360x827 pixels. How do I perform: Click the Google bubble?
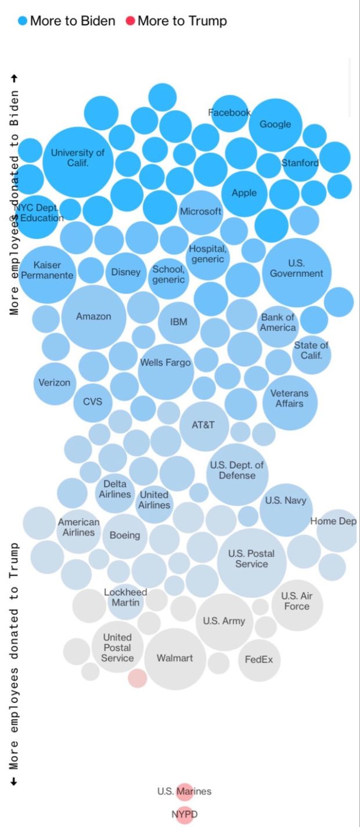pyautogui.click(x=275, y=125)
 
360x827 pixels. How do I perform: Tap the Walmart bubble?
pyautogui.click(x=175, y=659)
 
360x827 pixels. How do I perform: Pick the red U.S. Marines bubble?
pyautogui.click(x=185, y=791)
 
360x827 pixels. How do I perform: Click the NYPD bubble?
pyautogui.click(x=185, y=815)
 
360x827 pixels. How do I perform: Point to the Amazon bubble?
pyautogui.click(x=93, y=317)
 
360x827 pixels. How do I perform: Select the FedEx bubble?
pyautogui.click(x=259, y=660)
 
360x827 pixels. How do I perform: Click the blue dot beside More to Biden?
pyautogui.click(x=23, y=21)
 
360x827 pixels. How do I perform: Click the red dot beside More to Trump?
pyautogui.click(x=130, y=21)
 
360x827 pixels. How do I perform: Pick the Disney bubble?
pyautogui.click(x=125, y=272)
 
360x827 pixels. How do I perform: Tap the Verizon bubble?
pyautogui.click(x=55, y=383)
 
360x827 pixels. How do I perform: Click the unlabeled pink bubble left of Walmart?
pyautogui.click(x=138, y=678)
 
